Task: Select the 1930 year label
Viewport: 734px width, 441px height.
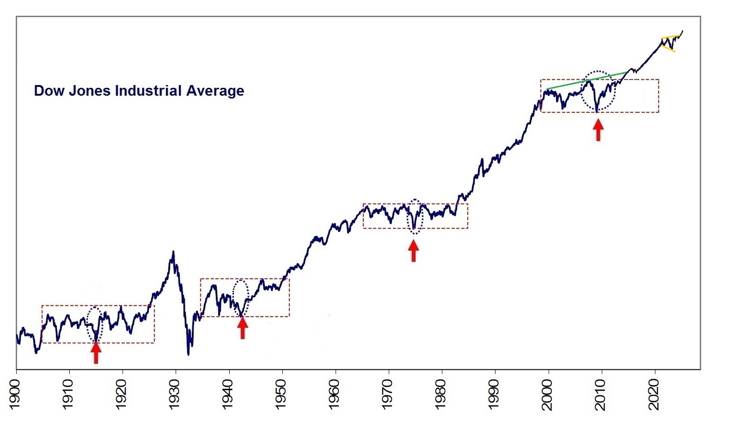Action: pos(174,394)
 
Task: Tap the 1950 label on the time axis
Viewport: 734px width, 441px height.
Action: pos(281,394)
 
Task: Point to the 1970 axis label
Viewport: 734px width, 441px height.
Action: pos(387,394)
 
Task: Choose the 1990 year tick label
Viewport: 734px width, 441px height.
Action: pos(494,394)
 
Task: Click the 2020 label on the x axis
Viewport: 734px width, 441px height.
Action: pos(654,394)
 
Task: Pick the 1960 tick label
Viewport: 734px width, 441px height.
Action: pos(334,394)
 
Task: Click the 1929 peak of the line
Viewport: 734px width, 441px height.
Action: pos(173,252)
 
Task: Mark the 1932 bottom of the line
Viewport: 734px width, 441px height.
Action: pos(189,354)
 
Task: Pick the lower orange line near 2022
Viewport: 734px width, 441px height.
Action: pos(668,49)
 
